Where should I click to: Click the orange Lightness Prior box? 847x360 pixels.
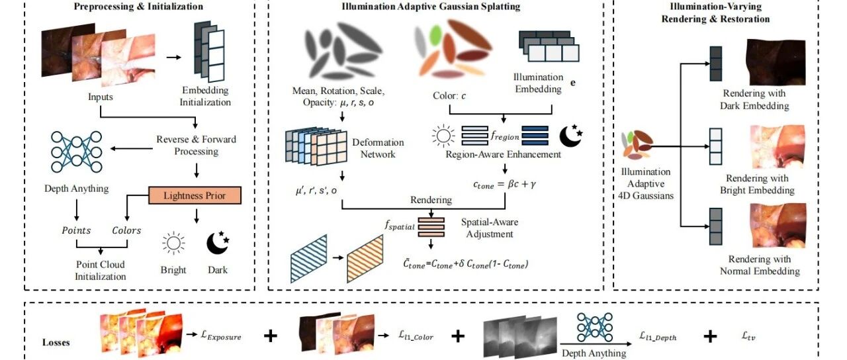(195, 195)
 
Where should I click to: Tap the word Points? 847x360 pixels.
(76, 230)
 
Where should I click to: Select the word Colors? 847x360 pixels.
(126, 230)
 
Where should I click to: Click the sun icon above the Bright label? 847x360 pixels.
(173, 243)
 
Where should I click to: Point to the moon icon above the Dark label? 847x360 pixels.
(218, 243)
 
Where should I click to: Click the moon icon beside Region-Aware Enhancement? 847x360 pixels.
(571, 136)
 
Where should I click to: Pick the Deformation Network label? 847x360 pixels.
(378, 148)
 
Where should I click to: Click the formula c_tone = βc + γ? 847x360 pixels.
(504, 185)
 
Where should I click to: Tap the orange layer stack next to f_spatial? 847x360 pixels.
(431, 227)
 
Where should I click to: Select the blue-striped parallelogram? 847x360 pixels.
(308, 258)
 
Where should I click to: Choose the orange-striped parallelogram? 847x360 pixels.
(365, 258)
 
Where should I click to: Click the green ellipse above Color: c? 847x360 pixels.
(435, 34)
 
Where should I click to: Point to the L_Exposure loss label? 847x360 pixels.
(221, 336)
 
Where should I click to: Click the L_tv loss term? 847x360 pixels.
(748, 336)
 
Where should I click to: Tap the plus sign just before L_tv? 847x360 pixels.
(710, 336)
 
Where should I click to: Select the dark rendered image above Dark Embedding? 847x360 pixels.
(776, 62)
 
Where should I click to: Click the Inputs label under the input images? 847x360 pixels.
(101, 97)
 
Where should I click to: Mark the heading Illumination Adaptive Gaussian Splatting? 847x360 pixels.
(431, 7)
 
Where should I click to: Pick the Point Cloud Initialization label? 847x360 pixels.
(101, 271)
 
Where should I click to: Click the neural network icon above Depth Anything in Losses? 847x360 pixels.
(595, 328)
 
